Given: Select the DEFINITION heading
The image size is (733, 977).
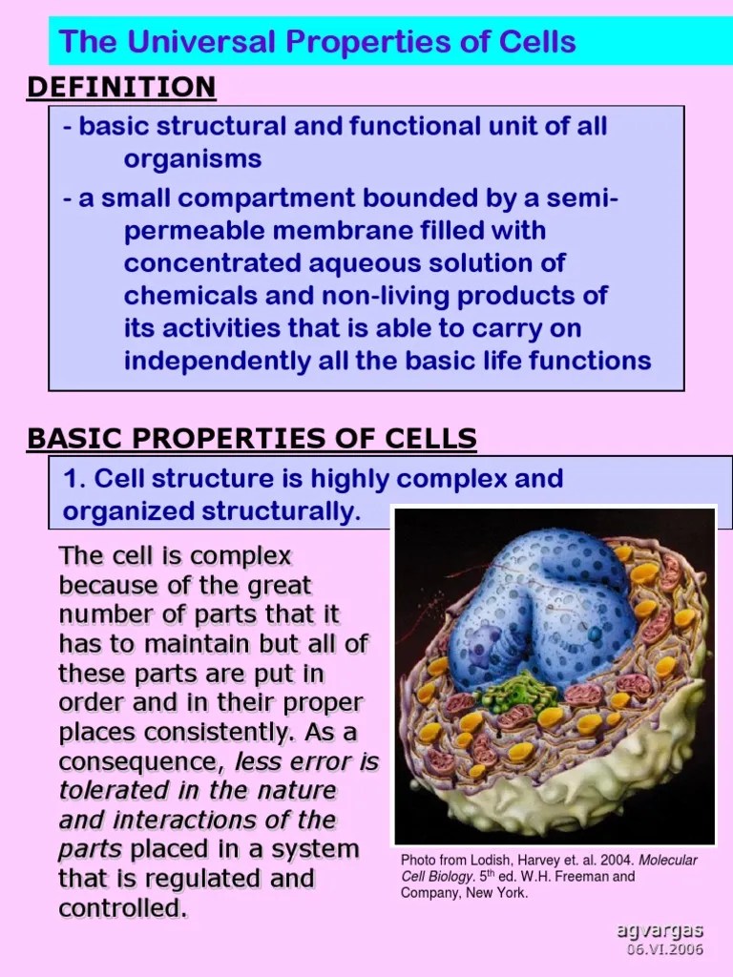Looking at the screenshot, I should pos(121,88).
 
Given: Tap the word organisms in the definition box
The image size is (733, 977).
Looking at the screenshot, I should pos(192,158).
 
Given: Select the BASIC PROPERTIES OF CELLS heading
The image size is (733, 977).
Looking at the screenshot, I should pos(252,439).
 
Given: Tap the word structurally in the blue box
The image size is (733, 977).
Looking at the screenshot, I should pos(281,512).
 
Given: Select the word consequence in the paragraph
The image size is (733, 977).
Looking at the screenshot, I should pos(136,762).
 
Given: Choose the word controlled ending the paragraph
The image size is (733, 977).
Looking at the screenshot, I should pos(122,908).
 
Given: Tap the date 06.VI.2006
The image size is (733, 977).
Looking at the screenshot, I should pos(664,950).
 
